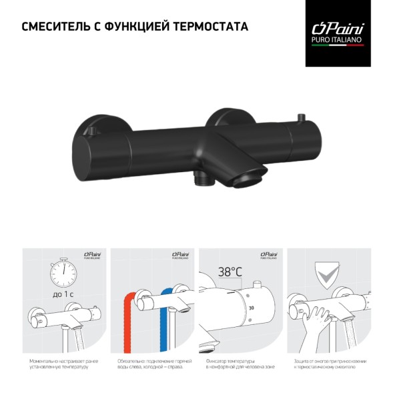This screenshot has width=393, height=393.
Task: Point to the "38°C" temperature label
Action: coord(229,272)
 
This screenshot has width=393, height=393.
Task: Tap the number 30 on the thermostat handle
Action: coord(251,309)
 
